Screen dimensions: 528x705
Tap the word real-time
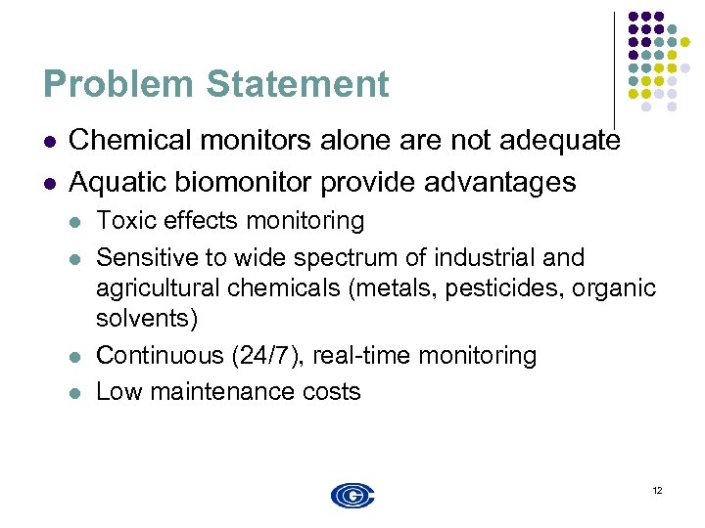(x=360, y=355)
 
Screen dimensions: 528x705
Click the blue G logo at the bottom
(x=352, y=496)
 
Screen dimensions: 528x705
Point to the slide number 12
(x=656, y=490)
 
